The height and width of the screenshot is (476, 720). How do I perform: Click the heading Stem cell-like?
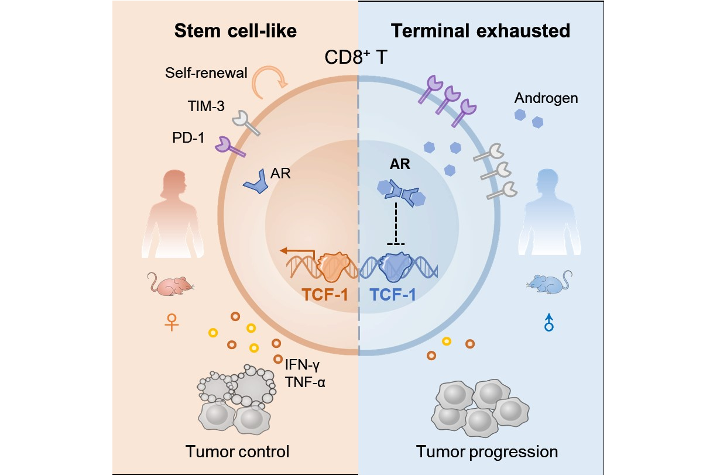(235, 30)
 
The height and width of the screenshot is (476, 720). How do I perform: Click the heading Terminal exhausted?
(481, 30)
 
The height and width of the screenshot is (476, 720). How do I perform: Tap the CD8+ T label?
(355, 57)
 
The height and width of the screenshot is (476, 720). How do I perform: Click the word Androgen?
(546, 98)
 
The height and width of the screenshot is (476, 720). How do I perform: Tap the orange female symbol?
(172, 322)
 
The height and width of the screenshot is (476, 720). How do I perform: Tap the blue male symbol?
(548, 322)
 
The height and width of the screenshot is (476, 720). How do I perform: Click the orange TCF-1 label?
(325, 294)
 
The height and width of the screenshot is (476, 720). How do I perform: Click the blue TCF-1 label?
(393, 294)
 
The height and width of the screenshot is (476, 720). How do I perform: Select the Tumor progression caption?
(487, 451)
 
